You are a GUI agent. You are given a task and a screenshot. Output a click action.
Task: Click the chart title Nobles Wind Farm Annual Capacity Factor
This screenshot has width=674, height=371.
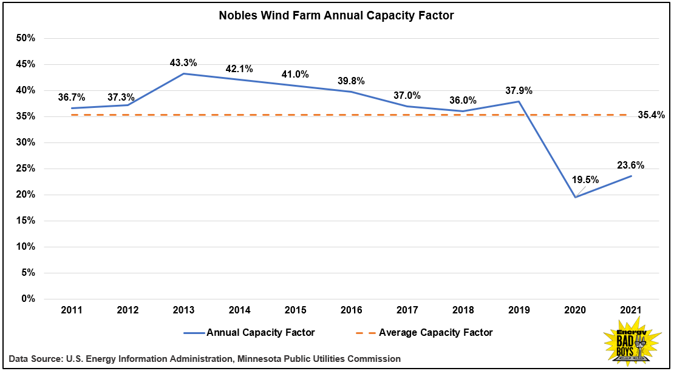click(x=336, y=16)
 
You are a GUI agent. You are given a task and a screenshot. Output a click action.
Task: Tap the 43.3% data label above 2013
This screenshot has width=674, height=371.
click(x=183, y=63)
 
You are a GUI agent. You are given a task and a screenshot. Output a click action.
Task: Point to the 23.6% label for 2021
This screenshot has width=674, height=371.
click(x=630, y=165)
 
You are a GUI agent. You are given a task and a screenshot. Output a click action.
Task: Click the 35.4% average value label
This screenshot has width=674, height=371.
click(x=651, y=115)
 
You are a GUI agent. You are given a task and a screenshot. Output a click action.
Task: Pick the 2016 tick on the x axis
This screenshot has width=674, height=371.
click(x=351, y=310)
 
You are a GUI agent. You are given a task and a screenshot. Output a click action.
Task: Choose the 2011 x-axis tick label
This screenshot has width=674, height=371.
click(x=72, y=310)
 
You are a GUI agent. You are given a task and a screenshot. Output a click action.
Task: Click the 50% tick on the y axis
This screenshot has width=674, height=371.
click(x=26, y=38)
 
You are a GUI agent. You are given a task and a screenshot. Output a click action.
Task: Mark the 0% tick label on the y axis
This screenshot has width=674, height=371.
click(x=28, y=299)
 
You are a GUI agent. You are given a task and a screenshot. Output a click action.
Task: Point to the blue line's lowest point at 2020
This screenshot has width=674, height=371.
click(x=574, y=197)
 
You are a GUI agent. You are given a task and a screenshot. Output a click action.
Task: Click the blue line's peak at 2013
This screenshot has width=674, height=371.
click(x=183, y=74)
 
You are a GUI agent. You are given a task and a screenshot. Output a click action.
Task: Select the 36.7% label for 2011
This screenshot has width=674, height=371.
click(x=72, y=97)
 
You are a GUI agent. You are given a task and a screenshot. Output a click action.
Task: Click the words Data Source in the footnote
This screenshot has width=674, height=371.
click(x=35, y=359)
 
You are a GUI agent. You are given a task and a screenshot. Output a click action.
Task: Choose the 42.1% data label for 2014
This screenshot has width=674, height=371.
click(x=239, y=69)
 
